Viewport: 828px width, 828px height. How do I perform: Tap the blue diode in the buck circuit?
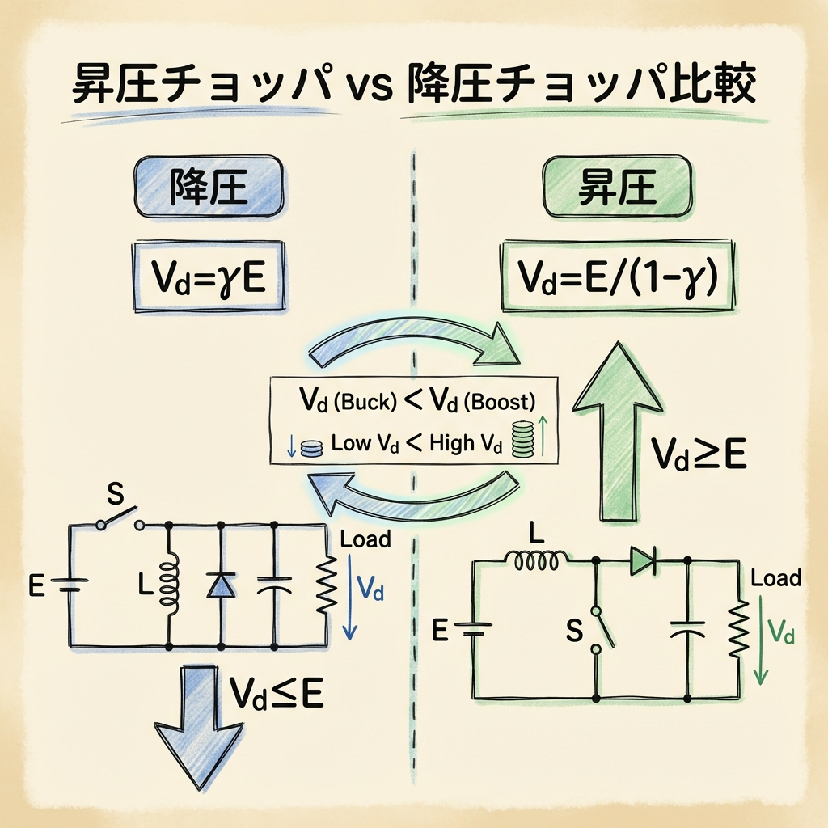[220, 585]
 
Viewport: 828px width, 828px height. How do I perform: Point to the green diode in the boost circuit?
[643, 558]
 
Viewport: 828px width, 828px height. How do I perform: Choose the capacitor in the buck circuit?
[276, 586]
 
